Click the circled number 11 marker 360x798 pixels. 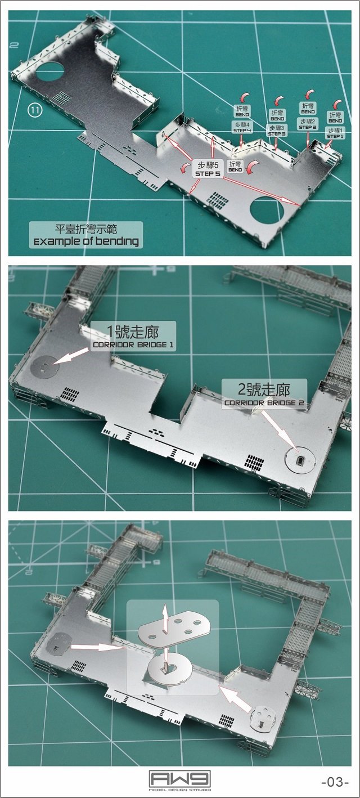35,110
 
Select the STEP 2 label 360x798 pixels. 308,124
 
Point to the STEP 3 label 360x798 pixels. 277,131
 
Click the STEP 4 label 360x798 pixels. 242,127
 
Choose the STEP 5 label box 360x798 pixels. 209,169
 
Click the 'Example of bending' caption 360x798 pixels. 86,235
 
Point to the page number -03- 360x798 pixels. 335,782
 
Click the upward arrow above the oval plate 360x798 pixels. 164,613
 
